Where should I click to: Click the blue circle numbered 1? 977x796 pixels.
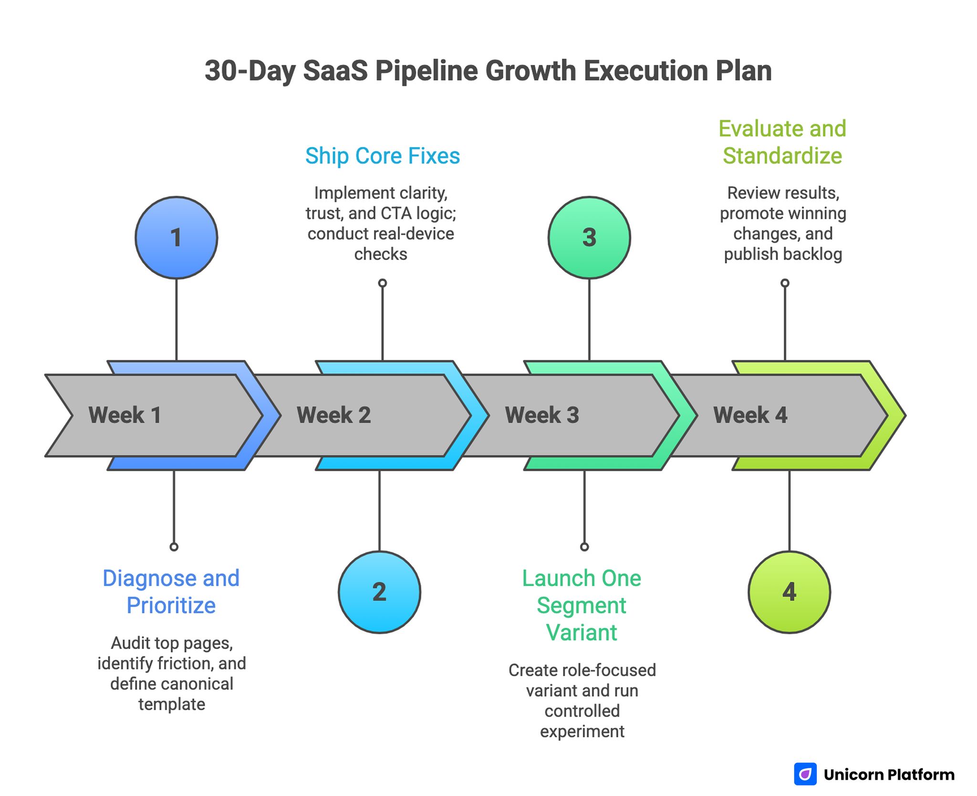[x=176, y=237]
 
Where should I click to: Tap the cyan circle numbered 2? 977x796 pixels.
[x=379, y=592]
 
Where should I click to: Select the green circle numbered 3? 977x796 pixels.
[x=589, y=237]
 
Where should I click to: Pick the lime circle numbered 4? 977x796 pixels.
[x=789, y=592]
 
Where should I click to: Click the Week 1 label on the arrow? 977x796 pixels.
[x=125, y=415]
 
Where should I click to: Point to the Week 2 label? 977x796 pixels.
[x=333, y=415]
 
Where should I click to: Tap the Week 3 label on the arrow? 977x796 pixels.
[x=542, y=415]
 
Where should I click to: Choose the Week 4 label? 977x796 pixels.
[x=750, y=415]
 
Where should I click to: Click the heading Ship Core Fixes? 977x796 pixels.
[x=382, y=156]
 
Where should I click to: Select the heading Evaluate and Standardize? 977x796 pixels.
[x=782, y=142]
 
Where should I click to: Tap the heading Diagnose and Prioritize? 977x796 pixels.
[x=171, y=592]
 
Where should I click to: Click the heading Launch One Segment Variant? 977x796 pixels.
[x=582, y=605]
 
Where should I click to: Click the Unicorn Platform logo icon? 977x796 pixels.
[x=805, y=774]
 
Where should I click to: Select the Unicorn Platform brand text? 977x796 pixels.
[x=889, y=775]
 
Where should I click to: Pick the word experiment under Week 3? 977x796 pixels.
[x=582, y=731]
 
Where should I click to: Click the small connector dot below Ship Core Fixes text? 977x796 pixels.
[x=383, y=283]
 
